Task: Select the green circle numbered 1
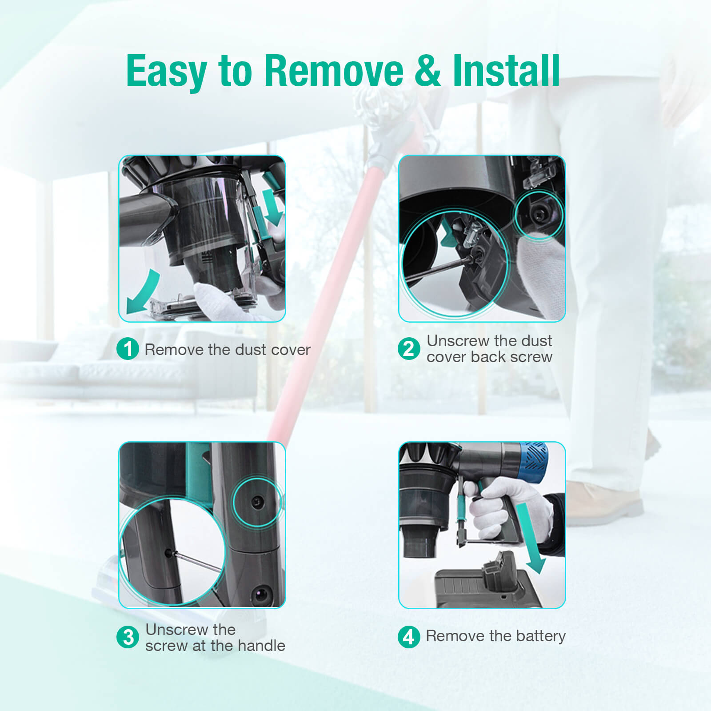128,348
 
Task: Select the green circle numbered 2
409,348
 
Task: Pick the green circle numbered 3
128,637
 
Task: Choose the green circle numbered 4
409,637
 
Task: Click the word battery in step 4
540,636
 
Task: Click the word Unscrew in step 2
458,341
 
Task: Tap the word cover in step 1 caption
291,350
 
